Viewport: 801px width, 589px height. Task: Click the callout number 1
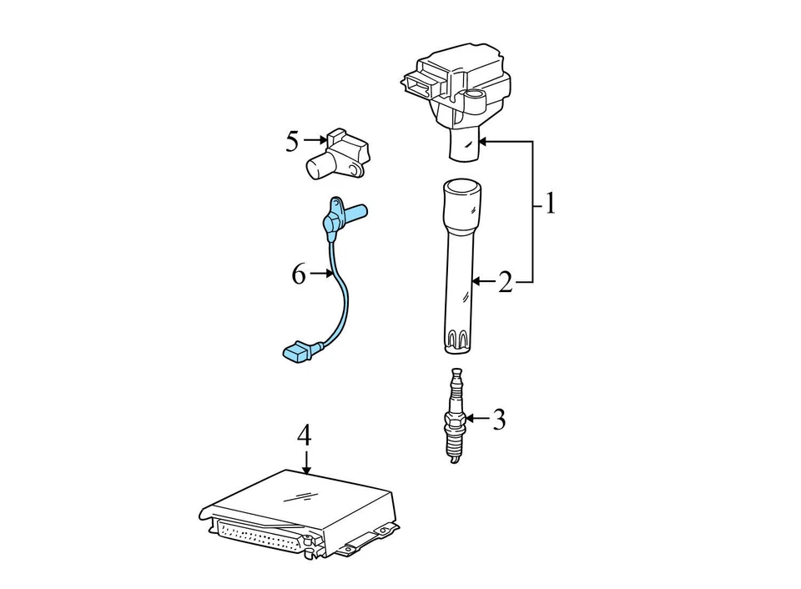tap(549, 204)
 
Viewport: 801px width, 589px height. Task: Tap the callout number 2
tap(505, 283)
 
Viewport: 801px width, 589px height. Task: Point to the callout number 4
tap(305, 435)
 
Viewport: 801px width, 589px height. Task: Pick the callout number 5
tap(292, 142)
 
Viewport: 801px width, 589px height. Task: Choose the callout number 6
tap(299, 274)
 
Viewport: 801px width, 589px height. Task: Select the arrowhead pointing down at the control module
tap(306, 470)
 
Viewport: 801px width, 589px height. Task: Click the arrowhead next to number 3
tap(470, 418)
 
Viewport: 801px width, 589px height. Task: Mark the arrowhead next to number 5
tap(321, 142)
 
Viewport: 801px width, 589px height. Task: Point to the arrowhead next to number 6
tap(329, 274)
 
